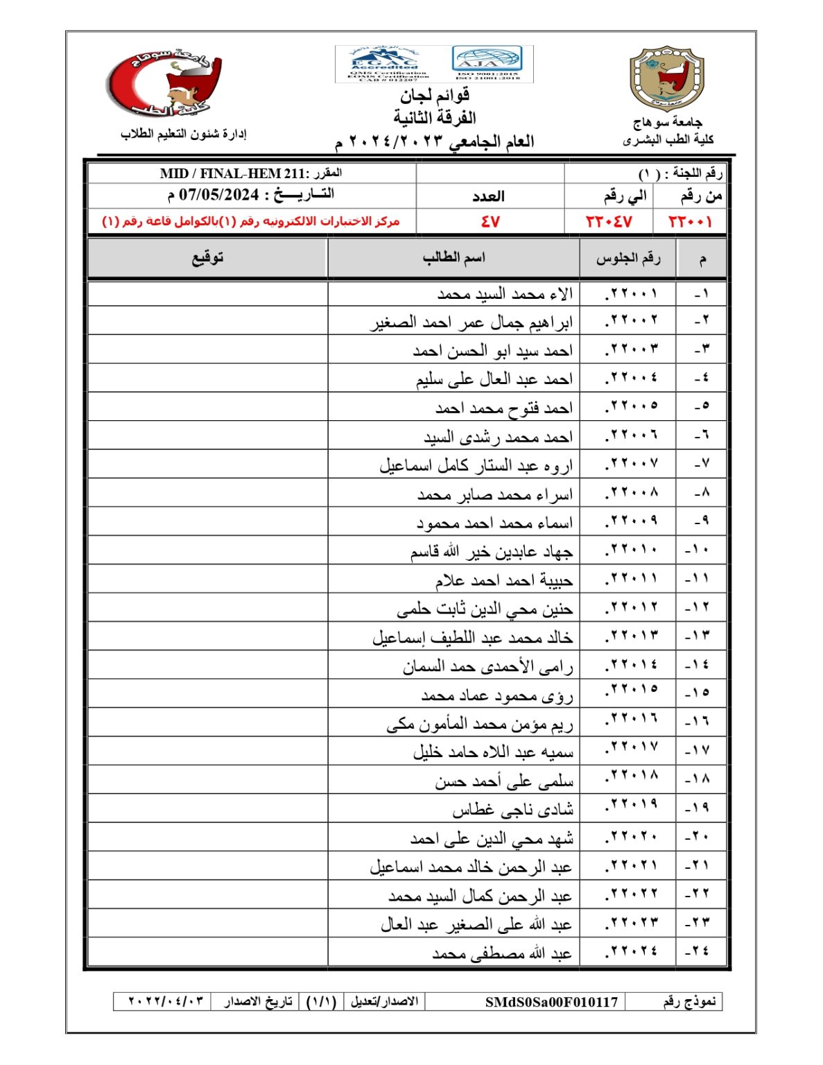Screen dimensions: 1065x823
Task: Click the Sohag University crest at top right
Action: click(x=666, y=78)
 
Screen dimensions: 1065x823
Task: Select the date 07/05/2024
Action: click(x=218, y=195)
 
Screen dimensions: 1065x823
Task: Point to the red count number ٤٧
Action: click(x=490, y=222)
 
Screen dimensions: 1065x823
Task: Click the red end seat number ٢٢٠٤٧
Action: click(x=609, y=222)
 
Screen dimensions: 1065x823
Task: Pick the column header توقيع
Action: click(x=207, y=258)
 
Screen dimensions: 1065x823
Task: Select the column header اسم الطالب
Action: click(x=453, y=258)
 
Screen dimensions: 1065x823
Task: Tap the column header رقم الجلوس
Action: click(x=627, y=259)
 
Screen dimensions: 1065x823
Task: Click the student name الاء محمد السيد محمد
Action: click(x=505, y=295)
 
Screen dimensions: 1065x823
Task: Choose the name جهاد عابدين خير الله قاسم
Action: click(x=491, y=552)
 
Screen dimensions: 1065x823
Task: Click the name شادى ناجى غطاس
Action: click(x=512, y=809)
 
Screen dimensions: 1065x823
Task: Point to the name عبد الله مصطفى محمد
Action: click(x=502, y=954)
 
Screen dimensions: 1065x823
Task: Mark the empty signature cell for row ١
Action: click(x=207, y=294)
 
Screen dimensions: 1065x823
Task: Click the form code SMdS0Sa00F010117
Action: click(x=551, y=1002)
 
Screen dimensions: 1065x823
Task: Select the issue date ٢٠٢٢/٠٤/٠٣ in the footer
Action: click(x=166, y=1002)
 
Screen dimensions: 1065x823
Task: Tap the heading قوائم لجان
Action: click(x=434, y=95)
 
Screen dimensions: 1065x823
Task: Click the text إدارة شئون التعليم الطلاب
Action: click(x=183, y=134)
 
